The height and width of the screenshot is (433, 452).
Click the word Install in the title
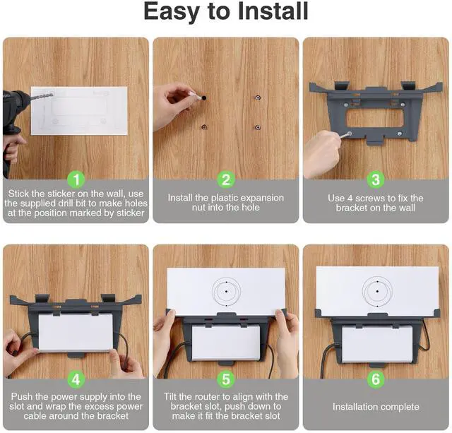coord(273,11)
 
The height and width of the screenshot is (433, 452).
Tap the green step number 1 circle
coord(76,179)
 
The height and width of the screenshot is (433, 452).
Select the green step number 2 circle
coord(226,179)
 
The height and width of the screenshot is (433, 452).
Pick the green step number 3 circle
coord(376,179)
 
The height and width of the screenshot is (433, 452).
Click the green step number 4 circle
coord(76,379)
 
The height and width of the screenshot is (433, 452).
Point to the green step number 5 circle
coord(226,379)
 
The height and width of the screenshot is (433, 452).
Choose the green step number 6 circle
coord(376,379)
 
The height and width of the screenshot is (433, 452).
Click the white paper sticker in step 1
coord(79,111)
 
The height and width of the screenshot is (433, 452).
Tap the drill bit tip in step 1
coord(52,93)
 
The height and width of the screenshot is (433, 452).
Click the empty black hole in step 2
coord(204,98)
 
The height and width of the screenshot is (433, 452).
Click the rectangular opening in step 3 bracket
coord(374,118)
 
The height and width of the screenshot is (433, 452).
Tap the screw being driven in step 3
coord(347,135)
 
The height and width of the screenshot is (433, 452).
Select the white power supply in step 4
coord(76,332)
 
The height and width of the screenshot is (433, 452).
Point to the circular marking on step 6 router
coord(377,292)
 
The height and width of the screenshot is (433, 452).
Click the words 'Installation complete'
coord(376,407)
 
